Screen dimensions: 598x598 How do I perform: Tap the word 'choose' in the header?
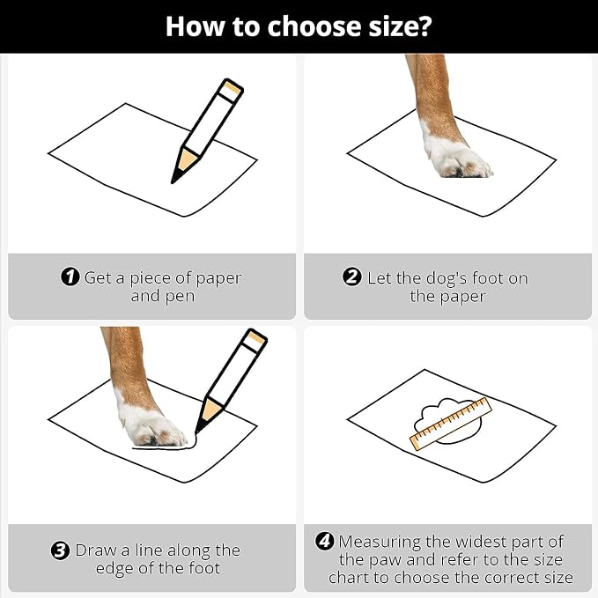[x=314, y=26]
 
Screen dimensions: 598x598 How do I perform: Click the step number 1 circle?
[x=70, y=277]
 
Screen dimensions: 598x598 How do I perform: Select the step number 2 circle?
[x=351, y=277]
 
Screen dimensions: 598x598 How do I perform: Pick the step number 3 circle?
[x=60, y=550]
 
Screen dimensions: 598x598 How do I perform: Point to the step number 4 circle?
[x=325, y=541]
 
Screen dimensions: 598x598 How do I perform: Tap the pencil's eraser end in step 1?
[x=233, y=89]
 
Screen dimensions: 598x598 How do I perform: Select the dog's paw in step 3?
[x=153, y=426]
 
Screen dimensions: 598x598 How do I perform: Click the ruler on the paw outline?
[x=451, y=425]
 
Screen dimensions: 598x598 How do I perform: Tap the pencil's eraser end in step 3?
[x=255, y=340]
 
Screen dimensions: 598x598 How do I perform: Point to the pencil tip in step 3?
[x=199, y=427]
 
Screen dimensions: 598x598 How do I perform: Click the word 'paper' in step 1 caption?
[x=218, y=279]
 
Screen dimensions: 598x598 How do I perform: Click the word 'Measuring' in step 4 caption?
[x=380, y=543]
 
